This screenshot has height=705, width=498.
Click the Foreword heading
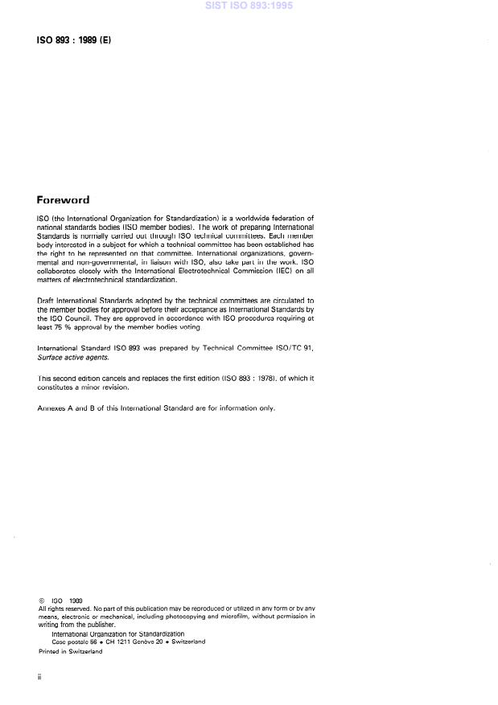click(x=63, y=200)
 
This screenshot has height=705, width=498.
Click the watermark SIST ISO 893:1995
click(x=249, y=6)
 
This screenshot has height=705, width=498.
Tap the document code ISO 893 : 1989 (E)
click(x=72, y=37)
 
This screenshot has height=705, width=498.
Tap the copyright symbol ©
click(x=41, y=600)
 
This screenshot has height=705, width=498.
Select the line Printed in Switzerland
click(x=71, y=652)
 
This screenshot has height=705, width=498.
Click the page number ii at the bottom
click(x=39, y=678)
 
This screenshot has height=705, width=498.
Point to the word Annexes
click(x=54, y=408)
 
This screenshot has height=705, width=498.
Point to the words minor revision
click(x=101, y=387)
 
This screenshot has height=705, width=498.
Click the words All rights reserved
click(x=63, y=609)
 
